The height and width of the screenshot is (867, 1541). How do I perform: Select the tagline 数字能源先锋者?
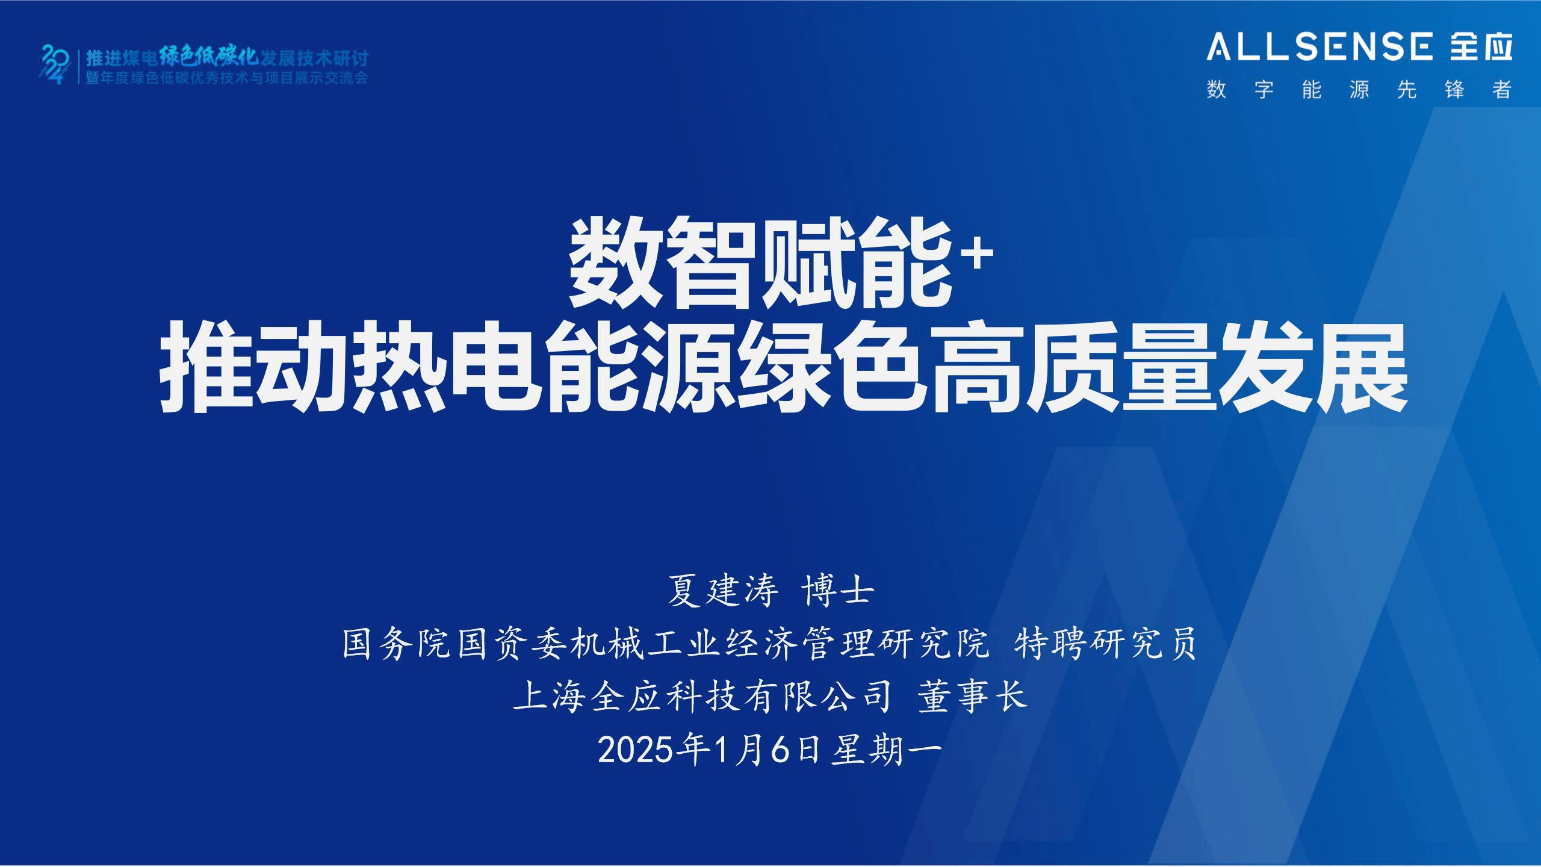click(x=1359, y=90)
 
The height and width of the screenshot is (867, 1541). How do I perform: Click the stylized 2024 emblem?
click(x=56, y=64)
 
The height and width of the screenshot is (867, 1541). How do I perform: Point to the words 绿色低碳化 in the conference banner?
click(x=209, y=57)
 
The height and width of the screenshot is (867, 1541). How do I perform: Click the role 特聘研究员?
click(x=1105, y=644)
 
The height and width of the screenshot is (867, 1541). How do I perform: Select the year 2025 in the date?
click(x=635, y=751)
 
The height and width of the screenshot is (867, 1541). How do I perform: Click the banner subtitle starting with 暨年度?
click(x=226, y=78)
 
